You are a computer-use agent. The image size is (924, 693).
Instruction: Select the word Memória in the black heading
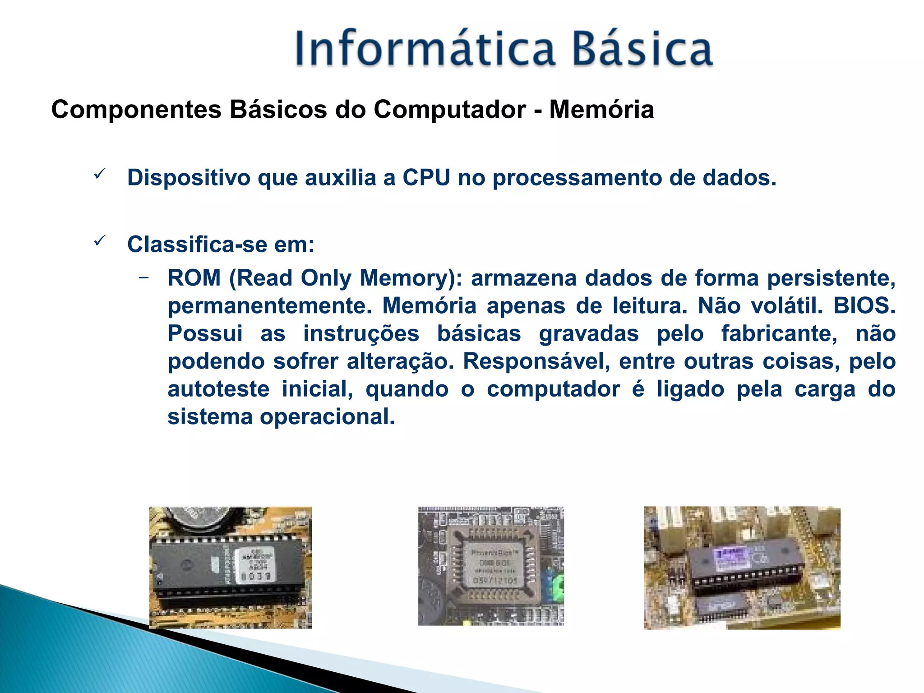point(601,110)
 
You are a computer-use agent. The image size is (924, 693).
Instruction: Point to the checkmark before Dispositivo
point(100,174)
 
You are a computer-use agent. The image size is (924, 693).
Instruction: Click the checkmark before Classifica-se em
point(100,240)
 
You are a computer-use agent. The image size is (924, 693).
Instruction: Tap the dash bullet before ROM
point(143,277)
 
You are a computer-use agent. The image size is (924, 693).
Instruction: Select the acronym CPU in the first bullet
point(426,177)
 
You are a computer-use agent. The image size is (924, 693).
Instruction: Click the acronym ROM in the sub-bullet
point(194,278)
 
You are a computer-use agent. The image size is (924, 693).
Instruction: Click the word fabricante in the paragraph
point(779,334)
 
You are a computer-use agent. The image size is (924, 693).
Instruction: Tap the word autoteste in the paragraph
point(218,389)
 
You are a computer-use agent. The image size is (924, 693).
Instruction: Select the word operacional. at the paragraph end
point(327,417)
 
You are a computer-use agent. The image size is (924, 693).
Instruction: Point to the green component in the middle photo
point(558,586)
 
